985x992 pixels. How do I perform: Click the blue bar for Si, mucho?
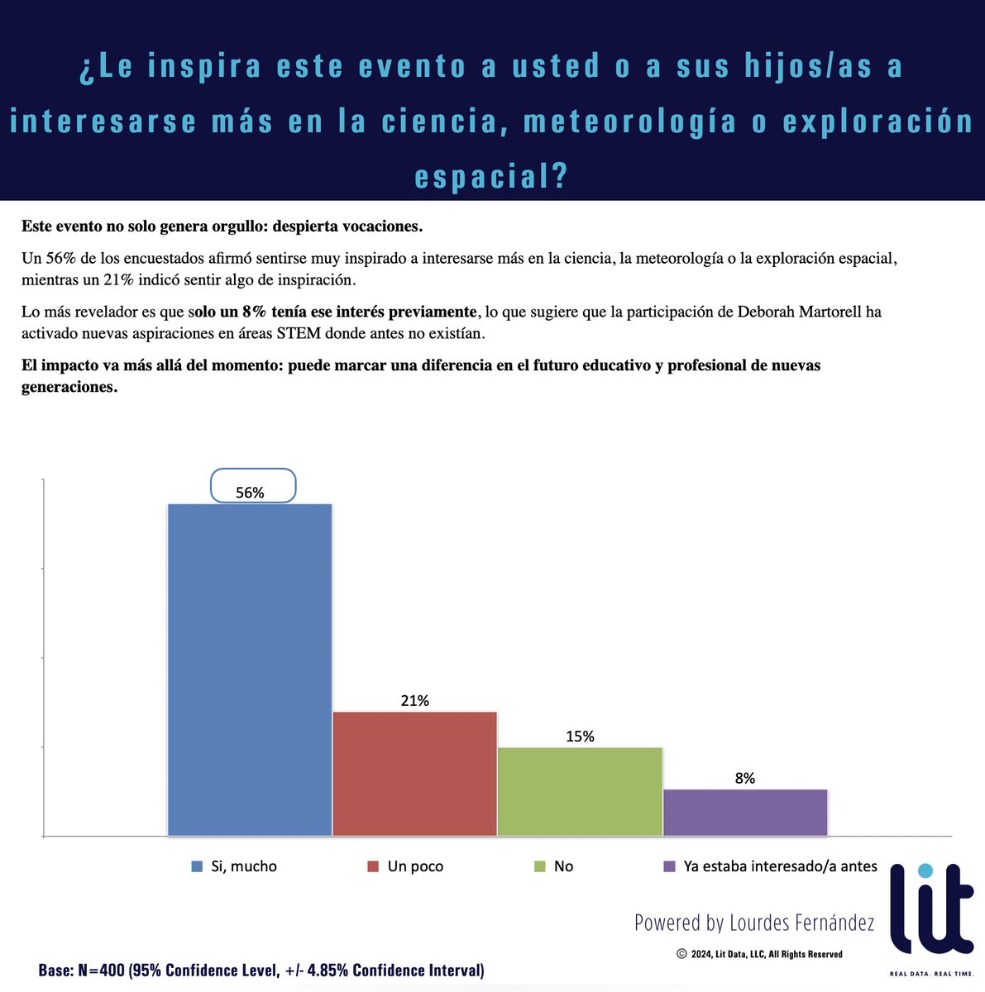coord(250,670)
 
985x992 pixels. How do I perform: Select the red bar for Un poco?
coord(414,773)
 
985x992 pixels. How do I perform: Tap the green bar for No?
coord(580,791)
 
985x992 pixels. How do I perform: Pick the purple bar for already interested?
coord(745,812)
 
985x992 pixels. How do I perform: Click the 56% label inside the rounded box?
coord(250,493)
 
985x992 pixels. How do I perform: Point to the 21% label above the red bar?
coord(414,701)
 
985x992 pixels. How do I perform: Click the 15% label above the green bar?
coord(580,737)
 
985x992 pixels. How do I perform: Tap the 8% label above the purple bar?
coord(744,778)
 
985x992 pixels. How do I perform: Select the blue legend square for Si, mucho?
coord(197,866)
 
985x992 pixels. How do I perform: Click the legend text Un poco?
coord(415,866)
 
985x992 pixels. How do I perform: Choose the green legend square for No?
coord(540,866)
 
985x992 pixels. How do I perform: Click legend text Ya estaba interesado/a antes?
coord(780,866)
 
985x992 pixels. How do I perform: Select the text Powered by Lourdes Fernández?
coord(754,923)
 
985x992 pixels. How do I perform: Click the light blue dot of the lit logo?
coord(925,870)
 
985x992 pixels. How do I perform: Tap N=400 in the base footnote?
coord(103,971)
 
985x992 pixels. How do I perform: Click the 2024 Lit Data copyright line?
coord(760,954)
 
